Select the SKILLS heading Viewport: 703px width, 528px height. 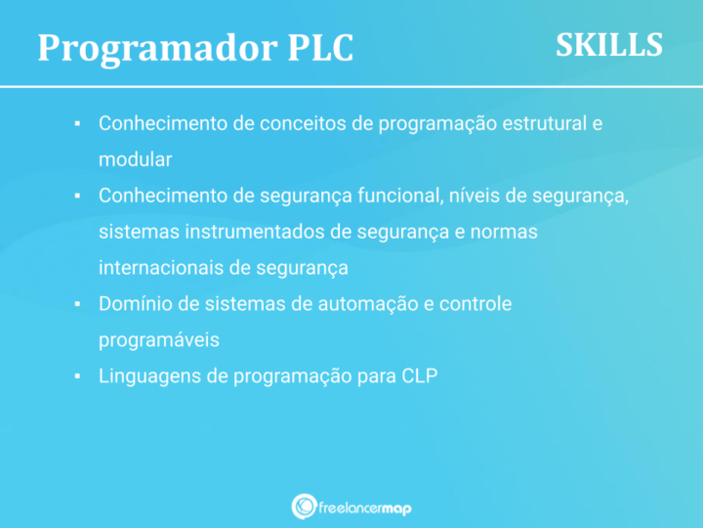(609, 45)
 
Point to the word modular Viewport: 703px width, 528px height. (135, 159)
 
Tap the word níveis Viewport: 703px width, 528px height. (474, 196)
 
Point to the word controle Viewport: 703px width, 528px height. (475, 303)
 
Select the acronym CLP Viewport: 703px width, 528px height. (420, 375)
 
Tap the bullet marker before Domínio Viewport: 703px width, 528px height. (76, 304)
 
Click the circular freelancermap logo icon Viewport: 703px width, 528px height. (303, 506)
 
